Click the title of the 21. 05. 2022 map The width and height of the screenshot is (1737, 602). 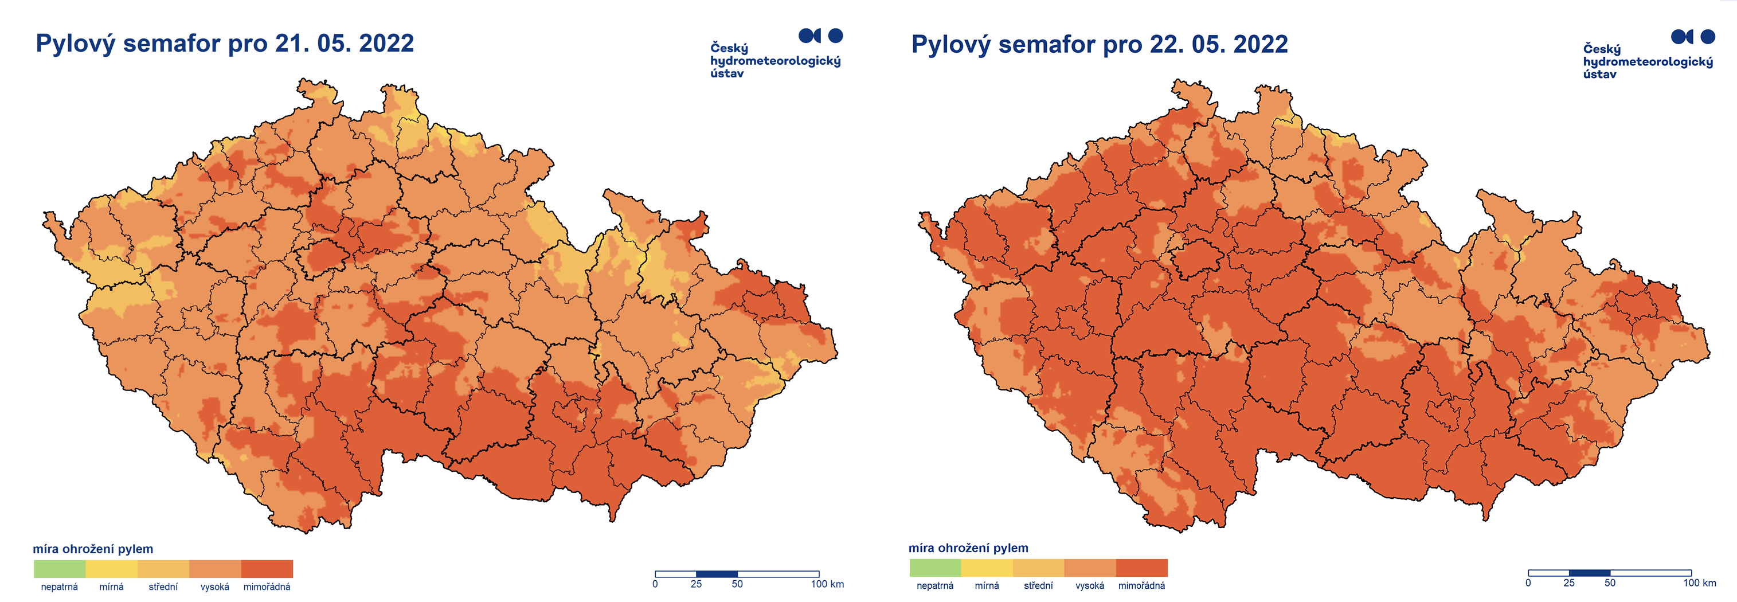[225, 43]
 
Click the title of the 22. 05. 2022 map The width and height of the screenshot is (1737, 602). [1099, 44]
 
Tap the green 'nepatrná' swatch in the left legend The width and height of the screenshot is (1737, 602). [60, 568]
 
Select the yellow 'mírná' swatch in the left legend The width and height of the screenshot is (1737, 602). [111, 568]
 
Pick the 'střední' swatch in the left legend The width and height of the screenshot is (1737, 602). [163, 568]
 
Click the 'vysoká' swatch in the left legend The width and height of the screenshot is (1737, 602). [215, 568]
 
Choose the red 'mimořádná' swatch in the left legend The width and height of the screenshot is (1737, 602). [267, 568]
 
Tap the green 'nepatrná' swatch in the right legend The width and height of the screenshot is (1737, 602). [934, 567]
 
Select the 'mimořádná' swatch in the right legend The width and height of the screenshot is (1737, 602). [1141, 567]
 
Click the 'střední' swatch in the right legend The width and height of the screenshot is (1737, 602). [1038, 567]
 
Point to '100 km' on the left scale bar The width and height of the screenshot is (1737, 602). [827, 584]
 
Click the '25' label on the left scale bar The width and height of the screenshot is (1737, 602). [696, 584]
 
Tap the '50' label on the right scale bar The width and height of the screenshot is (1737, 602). [1610, 583]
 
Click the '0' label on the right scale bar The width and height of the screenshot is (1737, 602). [1528, 583]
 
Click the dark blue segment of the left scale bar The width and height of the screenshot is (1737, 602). [716, 574]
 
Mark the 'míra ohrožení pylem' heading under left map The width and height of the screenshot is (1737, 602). [93, 549]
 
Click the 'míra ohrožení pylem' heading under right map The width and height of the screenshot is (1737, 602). [968, 548]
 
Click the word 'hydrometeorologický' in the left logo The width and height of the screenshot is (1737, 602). [776, 61]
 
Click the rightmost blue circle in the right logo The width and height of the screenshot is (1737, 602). [1708, 36]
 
